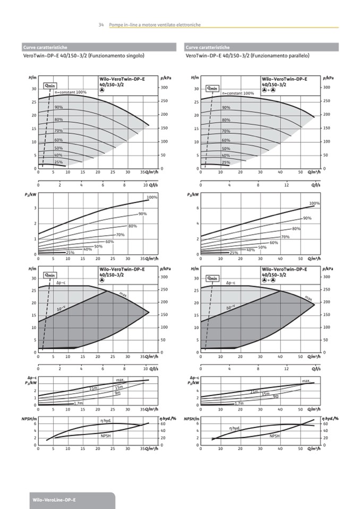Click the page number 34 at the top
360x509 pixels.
101,25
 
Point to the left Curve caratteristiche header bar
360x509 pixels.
99,47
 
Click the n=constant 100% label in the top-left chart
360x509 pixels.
71,92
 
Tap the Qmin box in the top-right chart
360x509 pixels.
212,88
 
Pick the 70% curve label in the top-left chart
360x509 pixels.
58,131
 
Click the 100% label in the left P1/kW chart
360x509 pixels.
152,197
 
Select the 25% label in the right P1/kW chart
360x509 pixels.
234,253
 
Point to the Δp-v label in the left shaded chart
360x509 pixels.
62,308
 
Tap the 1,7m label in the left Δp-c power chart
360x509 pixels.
79,403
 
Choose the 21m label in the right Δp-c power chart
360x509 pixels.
254,392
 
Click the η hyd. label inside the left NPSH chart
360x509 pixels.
106,420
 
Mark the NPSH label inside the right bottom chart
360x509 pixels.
275,435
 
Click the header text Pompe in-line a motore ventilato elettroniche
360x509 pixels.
155,25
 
